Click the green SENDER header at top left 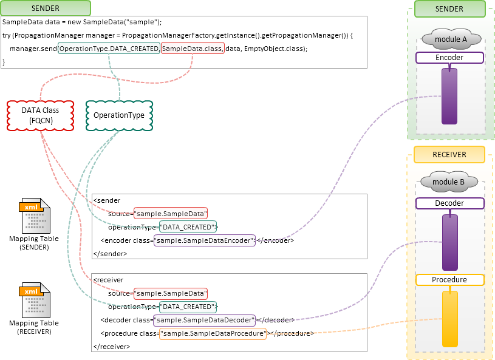(46, 8)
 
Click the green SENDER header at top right (449, 9)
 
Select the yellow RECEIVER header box (449, 155)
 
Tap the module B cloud (449, 182)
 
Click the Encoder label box (449, 58)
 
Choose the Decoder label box (449, 203)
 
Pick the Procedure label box (449, 280)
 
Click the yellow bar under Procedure (449, 319)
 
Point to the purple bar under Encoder (449, 96)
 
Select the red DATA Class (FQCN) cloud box (39, 115)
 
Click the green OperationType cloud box (119, 115)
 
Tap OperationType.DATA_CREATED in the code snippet (109, 48)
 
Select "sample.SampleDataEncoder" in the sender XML (205, 240)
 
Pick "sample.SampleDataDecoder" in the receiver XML (205, 320)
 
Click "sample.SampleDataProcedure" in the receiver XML (213, 333)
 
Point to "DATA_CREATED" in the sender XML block (188, 227)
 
